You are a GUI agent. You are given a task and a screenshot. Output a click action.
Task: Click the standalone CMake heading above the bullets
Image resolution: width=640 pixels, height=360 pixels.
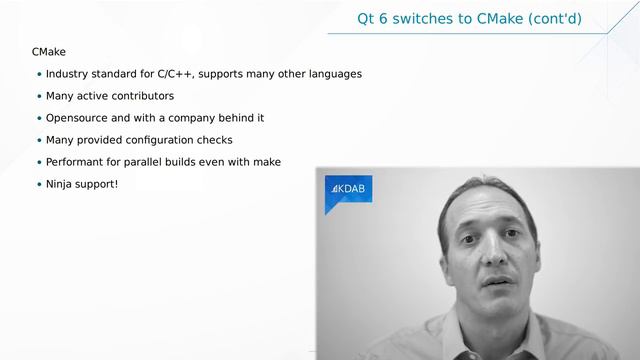[49, 50]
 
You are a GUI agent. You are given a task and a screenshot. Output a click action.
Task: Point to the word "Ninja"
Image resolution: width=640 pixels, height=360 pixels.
[61, 184]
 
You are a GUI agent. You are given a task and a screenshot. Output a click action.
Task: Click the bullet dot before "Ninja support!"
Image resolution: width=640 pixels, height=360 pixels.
[39, 185]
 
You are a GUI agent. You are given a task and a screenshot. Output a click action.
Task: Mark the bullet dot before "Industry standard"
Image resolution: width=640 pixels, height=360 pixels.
[39, 75]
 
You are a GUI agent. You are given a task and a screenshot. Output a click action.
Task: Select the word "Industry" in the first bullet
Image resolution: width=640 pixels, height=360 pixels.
[69, 74]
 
